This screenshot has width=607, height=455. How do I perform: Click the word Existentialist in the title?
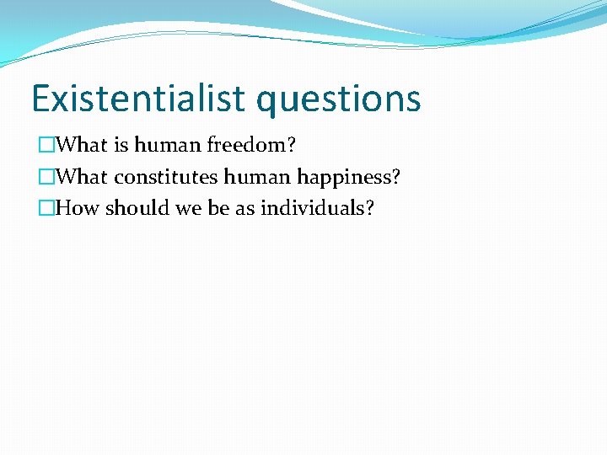pyautogui.click(x=140, y=99)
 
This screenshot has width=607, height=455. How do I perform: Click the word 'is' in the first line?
pyautogui.click(x=121, y=145)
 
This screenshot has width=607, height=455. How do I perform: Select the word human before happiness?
pyautogui.click(x=254, y=177)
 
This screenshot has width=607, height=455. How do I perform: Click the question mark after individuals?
pyautogui.click(x=369, y=208)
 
